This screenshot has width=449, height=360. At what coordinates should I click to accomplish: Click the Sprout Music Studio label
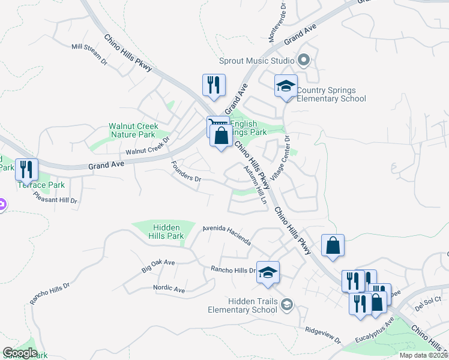click(x=256, y=61)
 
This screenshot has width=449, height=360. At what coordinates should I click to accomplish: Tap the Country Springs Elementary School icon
click(x=286, y=85)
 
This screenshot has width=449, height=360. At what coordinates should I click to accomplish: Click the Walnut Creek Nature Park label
click(x=133, y=130)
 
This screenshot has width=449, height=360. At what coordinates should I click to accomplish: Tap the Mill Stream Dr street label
click(x=89, y=54)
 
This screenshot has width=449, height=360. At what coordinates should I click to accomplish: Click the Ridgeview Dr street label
click(x=323, y=335)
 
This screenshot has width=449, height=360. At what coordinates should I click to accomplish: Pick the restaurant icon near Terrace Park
click(x=26, y=170)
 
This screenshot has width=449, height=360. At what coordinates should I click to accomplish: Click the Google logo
click(x=20, y=353)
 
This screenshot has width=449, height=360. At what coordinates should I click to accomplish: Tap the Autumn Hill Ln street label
click(x=255, y=185)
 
